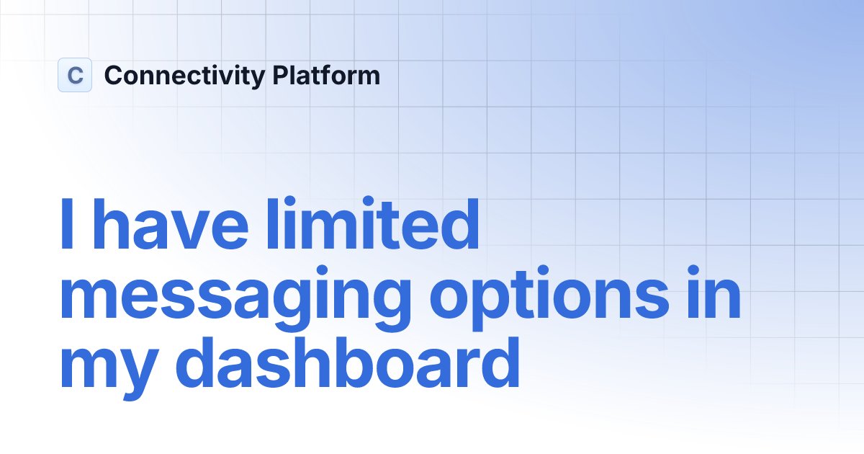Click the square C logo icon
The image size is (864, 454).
point(75,75)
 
